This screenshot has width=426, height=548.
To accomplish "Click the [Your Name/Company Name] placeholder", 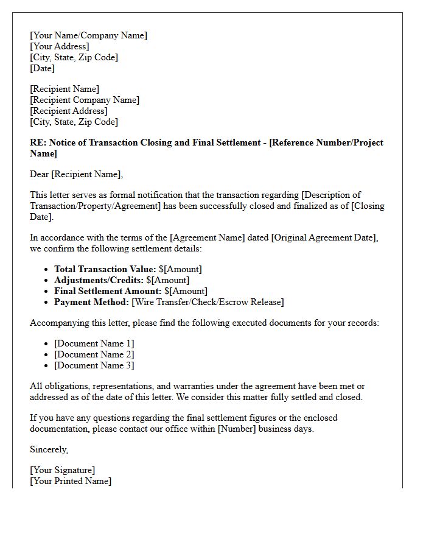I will [88, 35].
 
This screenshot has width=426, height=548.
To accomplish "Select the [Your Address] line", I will [59, 46].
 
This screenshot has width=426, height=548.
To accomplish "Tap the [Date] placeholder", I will [42, 68].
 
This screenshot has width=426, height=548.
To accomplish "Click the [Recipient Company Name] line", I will [85, 100].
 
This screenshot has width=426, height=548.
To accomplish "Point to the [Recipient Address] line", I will [68, 111].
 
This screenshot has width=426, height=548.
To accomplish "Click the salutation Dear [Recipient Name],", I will [76, 174].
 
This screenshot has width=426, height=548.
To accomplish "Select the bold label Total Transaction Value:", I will [105, 269].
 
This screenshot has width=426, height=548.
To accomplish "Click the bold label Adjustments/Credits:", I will [99, 280].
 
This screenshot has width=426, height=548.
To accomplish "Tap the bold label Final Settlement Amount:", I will [108, 291].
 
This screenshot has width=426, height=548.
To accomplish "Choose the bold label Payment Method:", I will [91, 302].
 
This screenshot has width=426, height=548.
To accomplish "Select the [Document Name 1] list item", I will [94, 343].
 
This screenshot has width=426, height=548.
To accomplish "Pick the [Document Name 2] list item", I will [94, 354].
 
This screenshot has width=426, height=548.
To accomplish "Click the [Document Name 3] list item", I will [94, 365].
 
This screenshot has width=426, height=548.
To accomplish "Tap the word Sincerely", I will [49, 449].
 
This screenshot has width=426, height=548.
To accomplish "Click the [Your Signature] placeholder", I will [62, 470].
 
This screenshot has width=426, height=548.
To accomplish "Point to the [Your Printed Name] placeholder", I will [71, 481].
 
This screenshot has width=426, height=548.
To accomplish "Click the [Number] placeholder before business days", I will [237, 429].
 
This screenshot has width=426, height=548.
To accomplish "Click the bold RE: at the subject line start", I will [38, 142].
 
